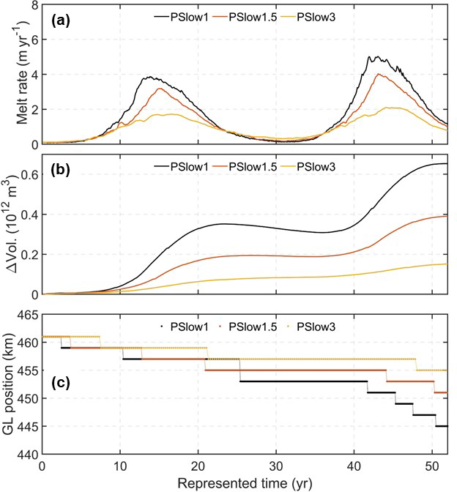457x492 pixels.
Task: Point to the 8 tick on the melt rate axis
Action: [34, 5]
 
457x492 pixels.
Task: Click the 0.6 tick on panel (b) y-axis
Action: [29, 174]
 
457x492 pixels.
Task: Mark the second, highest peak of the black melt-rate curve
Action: [375, 56]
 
